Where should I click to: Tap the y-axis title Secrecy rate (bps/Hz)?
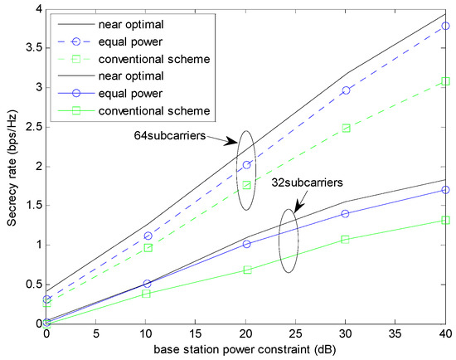(12, 167)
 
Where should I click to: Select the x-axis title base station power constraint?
(247, 351)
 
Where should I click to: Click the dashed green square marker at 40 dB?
(446, 81)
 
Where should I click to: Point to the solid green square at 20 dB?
(246, 270)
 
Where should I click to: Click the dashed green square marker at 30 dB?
(346, 129)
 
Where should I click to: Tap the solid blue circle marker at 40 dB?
(446, 190)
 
